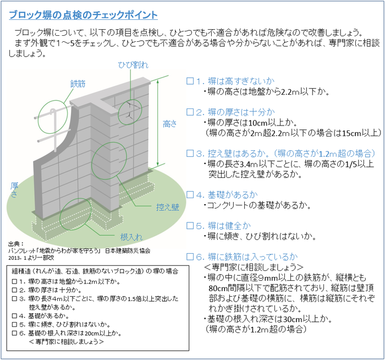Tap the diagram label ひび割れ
pyautogui.click(x=133, y=65)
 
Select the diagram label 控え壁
pyautogui.click(x=168, y=207)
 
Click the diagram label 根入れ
pyautogui.click(x=131, y=237)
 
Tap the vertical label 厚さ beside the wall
pyautogui.click(x=14, y=190)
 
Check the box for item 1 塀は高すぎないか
pyautogui.click(x=190, y=80)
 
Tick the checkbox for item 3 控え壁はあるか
pyautogui.click(x=190, y=153)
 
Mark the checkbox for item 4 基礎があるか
pyautogui.click(x=190, y=194)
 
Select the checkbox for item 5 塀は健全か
pyautogui.click(x=190, y=226)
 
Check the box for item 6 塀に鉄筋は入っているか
pyautogui.click(x=190, y=257)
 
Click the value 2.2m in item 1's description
pyautogui.click(x=291, y=91)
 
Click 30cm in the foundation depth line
pyautogui.click(x=292, y=319)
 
